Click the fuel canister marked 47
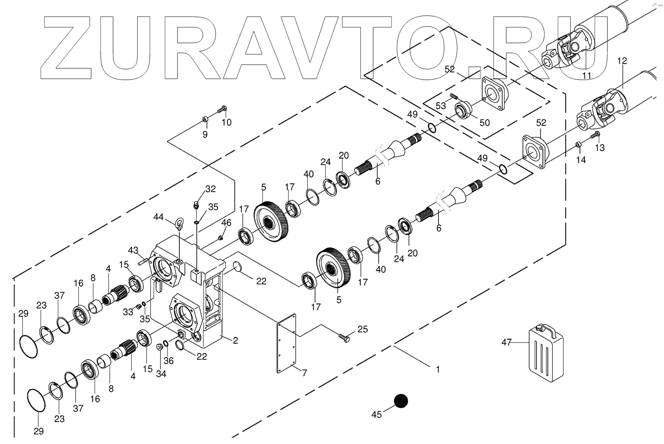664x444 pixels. point(546,350)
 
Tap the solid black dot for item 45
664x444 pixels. point(401,401)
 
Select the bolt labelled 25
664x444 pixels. point(344,338)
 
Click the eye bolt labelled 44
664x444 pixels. point(179,223)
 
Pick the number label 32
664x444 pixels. point(210,189)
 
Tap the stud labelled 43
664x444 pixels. point(143,261)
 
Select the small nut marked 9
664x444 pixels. point(205,120)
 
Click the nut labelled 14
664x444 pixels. point(578,146)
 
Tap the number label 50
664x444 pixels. point(484,123)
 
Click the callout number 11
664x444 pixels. point(587,75)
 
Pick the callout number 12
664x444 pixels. point(622,60)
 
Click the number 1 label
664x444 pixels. point(438,369)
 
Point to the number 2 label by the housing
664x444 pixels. point(236,341)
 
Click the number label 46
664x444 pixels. point(226,223)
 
